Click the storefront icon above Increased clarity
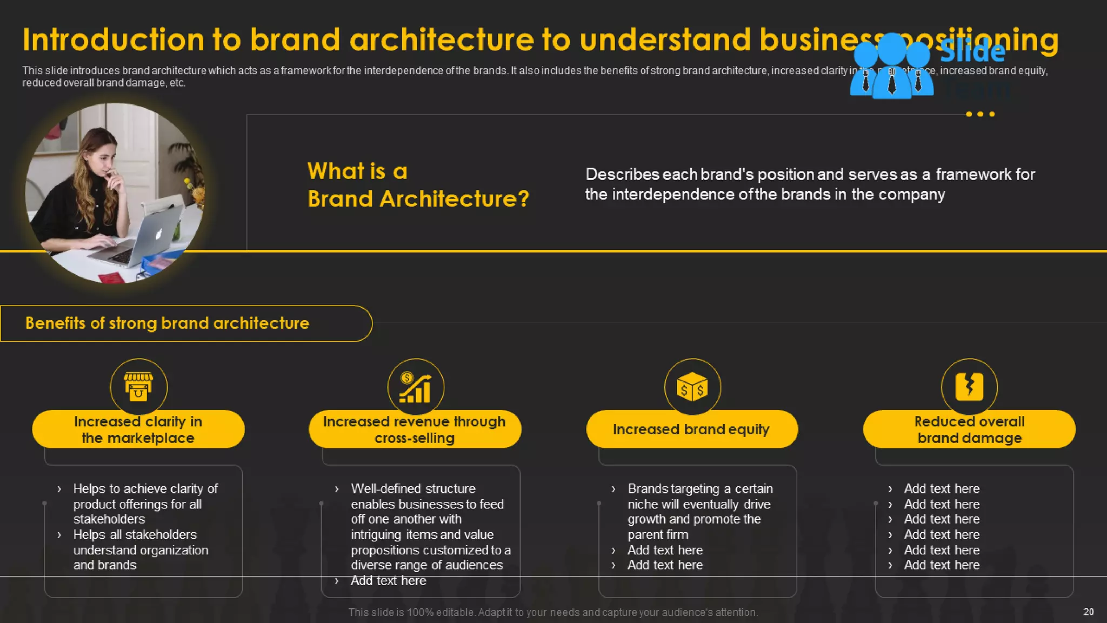[x=138, y=387]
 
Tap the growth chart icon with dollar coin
[x=415, y=387]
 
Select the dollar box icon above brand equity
[x=692, y=387]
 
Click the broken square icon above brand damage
[x=969, y=387]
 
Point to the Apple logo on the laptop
[x=158, y=235]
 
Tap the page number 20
[x=1088, y=612]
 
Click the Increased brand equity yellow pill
[x=691, y=429]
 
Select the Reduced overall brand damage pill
[x=969, y=429]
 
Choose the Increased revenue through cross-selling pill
[x=415, y=429]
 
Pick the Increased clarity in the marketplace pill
[x=138, y=429]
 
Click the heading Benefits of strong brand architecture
[x=167, y=323]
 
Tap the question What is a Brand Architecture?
[x=417, y=185]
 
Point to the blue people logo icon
[x=892, y=66]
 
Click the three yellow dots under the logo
[x=980, y=114]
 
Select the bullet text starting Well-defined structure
[x=413, y=489]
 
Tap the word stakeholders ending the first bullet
[x=109, y=519]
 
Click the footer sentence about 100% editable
[x=553, y=612]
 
